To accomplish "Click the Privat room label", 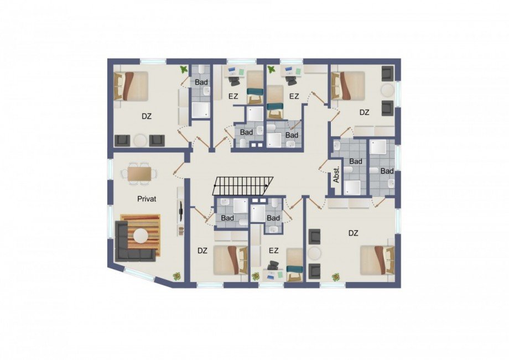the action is coord(147,199).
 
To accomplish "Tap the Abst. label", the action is coord(336,175).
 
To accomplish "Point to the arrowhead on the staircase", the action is coord(267,186).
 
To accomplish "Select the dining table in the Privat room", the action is coord(139,173).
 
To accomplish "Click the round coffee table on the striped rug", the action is coord(142,236).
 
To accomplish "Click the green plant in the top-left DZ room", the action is coord(184,70).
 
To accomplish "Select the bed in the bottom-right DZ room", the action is coord(377,259).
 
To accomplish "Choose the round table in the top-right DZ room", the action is coord(388,90).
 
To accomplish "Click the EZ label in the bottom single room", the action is coord(274,251).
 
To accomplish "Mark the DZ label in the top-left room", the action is coord(147,116).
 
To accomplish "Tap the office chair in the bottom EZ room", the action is coord(273,265).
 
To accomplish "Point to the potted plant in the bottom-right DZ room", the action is coord(336,277).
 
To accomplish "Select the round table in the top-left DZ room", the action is coord(140,140).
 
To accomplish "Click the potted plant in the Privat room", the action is coord(177,276).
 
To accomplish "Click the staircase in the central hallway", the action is coord(243,186).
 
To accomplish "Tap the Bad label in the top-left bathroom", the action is coord(201,82).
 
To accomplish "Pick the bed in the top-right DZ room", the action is coord(347,85).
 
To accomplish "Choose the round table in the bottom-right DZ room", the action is coord(315,253).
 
